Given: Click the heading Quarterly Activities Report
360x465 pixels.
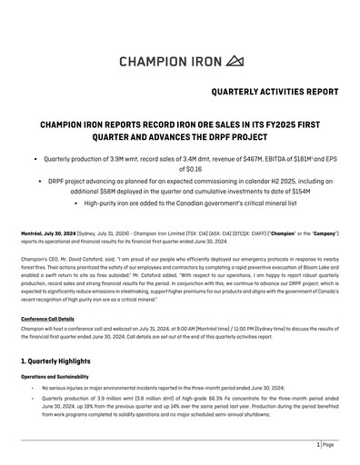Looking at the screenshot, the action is (274, 92).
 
